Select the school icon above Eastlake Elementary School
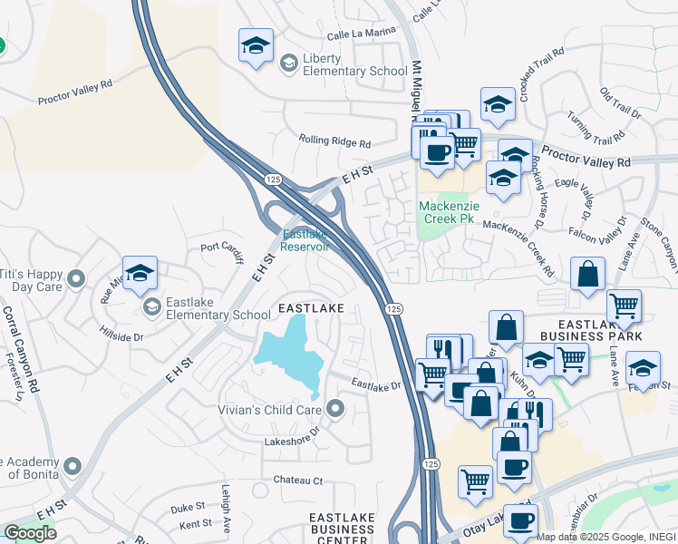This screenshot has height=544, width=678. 140,273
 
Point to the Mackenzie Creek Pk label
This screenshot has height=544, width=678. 448,212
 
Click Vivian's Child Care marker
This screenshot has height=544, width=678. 336,409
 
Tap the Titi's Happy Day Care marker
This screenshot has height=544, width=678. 75,277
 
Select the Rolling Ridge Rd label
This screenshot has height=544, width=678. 334,142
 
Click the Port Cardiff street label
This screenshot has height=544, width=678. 222,250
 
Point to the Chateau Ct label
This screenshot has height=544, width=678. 293,480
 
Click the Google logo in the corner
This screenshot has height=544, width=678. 31,532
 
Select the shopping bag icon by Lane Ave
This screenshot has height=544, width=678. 588,275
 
